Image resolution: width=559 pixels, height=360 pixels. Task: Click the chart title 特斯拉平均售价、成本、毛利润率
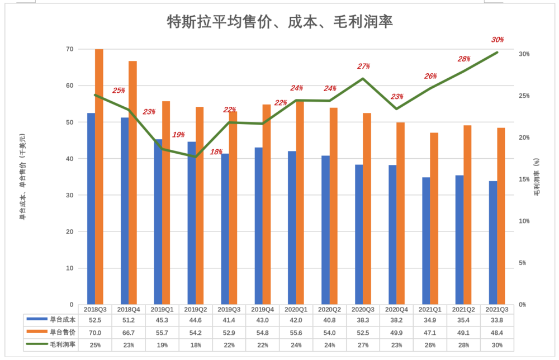tap(280, 22)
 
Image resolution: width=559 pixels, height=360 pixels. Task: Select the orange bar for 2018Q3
tap(99, 177)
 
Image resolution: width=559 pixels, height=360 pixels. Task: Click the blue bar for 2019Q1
tap(158, 221)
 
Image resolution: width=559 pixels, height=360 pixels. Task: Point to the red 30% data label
tap(498, 40)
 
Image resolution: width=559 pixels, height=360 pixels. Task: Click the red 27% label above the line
tap(363, 67)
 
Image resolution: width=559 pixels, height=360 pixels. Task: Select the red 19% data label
tap(178, 135)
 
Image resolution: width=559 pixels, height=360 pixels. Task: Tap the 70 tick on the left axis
tap(70, 49)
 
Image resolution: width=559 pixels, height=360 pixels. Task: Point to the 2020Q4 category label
tap(396, 309)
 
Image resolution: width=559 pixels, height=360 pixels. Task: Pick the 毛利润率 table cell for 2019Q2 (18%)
tap(196, 344)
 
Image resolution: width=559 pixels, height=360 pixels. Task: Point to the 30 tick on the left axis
tap(70, 195)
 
